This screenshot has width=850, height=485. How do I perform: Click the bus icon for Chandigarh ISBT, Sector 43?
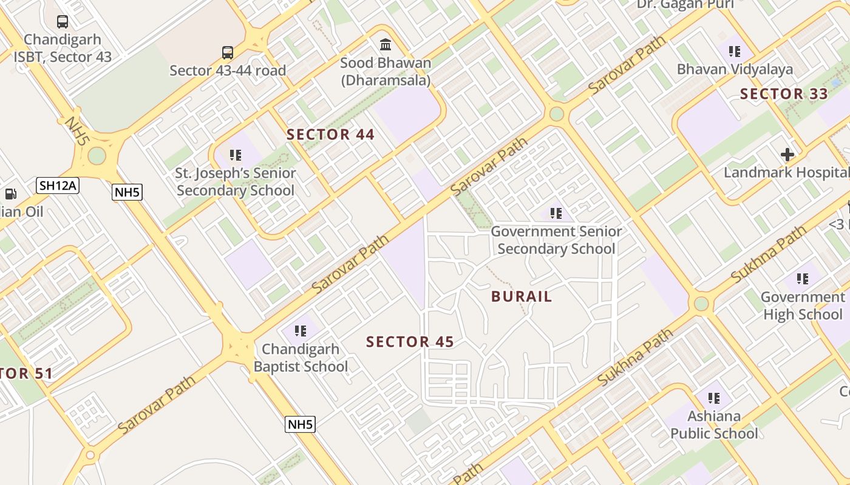tap(63, 22)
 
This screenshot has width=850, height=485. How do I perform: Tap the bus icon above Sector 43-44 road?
tap(228, 53)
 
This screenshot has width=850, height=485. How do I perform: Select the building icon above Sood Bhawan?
tap(386, 45)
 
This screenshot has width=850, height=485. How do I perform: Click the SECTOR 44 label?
tap(331, 135)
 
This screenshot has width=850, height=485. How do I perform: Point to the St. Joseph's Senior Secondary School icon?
tap(236, 155)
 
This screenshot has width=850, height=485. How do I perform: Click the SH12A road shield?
tap(58, 186)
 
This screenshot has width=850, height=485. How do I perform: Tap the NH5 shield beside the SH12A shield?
tap(127, 193)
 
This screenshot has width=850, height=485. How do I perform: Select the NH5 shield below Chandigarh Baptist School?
tap(300, 424)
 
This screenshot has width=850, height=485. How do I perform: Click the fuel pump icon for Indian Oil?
tap(11, 194)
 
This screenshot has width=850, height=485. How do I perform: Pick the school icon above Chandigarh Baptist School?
tap(301, 331)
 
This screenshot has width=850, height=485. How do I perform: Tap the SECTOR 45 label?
tap(410, 342)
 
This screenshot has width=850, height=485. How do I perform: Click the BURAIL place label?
tap(522, 296)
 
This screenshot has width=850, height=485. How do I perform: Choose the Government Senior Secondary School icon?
tap(556, 213)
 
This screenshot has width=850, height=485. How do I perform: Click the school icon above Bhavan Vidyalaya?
tap(735, 52)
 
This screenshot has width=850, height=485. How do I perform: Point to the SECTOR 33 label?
tap(784, 94)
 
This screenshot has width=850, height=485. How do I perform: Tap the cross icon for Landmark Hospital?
tap(787, 154)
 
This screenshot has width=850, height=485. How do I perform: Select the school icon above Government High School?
tap(803, 279)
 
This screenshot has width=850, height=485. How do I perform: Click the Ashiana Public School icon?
tap(714, 398)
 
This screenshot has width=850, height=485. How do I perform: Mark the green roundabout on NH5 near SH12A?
tap(97, 155)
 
